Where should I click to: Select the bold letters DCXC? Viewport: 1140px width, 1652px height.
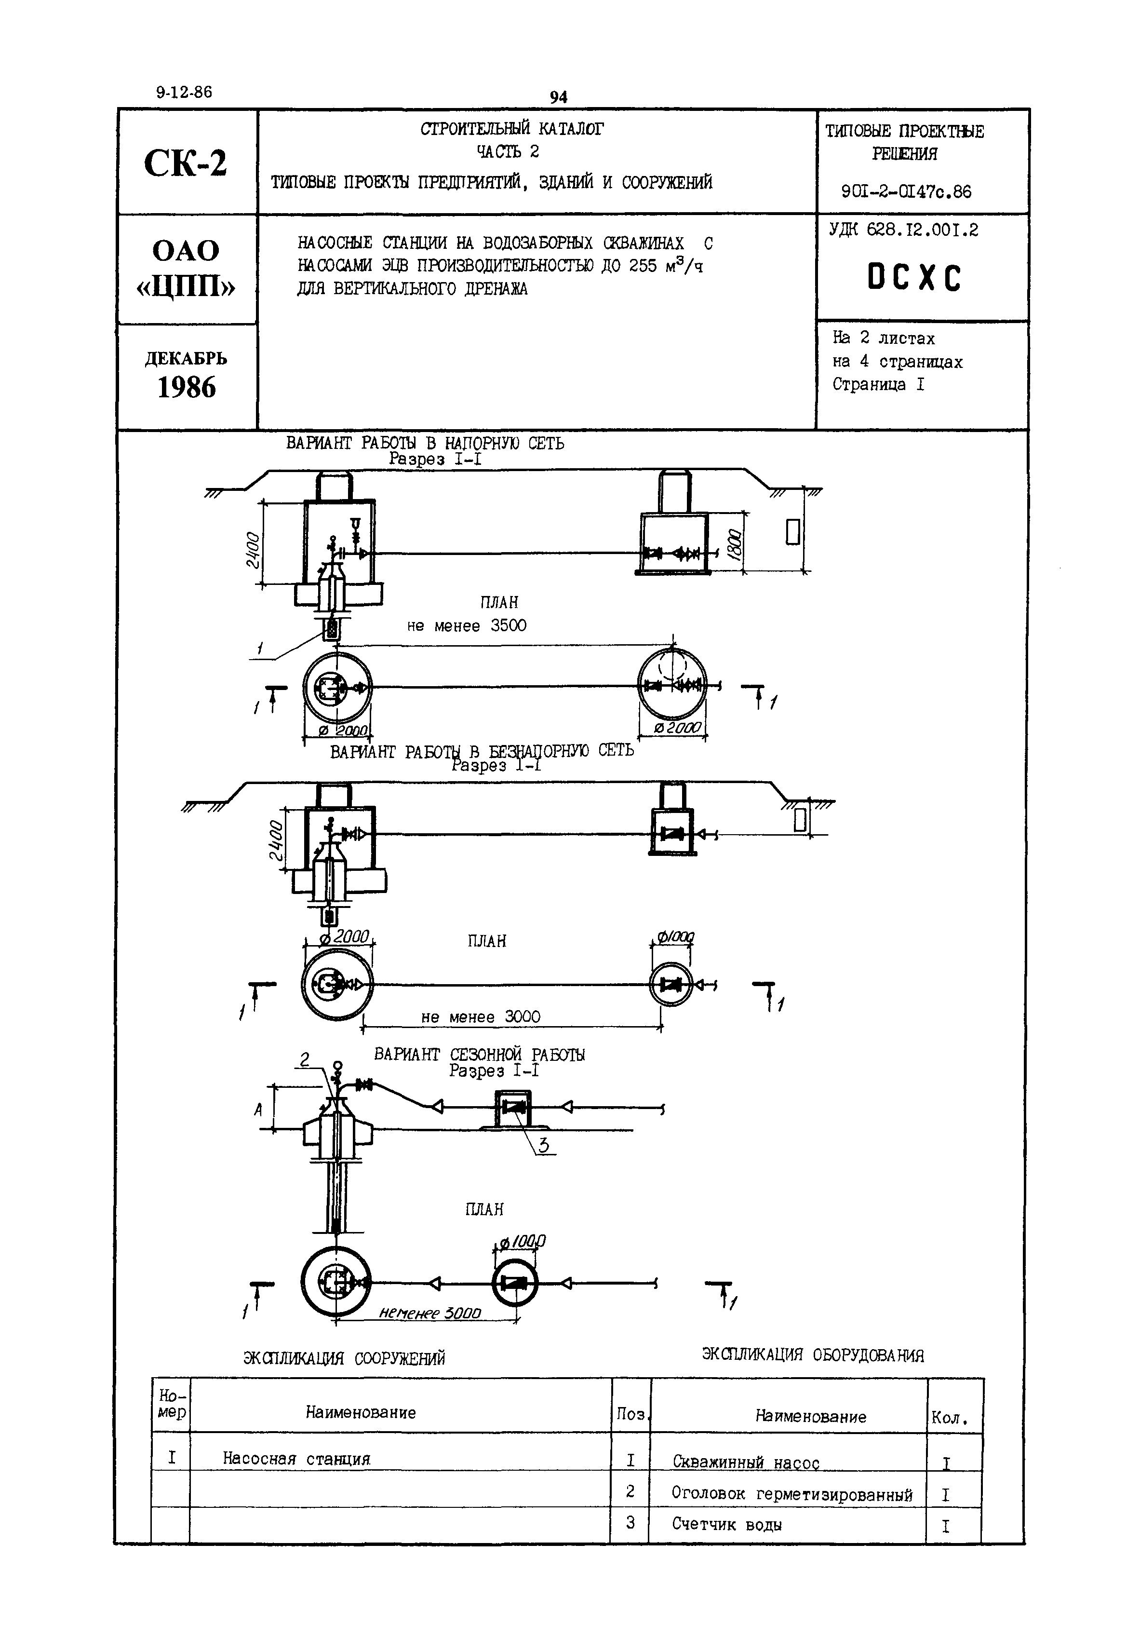914,278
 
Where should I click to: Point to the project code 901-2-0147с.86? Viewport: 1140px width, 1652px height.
906,191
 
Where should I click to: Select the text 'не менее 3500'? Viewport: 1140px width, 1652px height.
467,626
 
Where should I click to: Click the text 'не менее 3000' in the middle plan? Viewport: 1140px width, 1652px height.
481,1017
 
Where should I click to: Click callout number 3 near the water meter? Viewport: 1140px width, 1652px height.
544,1145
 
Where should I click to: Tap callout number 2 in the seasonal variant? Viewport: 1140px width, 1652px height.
305,1060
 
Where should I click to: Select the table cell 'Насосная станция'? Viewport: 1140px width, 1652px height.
296,1458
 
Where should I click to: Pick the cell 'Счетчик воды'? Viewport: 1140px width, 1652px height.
726,1525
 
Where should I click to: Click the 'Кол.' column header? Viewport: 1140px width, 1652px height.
949,1418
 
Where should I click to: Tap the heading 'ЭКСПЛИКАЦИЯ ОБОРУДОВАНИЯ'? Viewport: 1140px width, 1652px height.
813,1355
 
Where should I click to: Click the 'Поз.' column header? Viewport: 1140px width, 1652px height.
630,1415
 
